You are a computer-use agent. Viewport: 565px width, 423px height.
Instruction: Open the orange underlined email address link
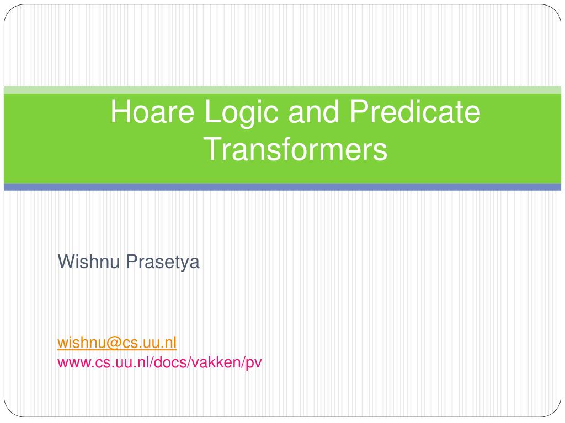[x=117, y=343]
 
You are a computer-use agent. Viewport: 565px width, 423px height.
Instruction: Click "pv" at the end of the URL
[x=254, y=364]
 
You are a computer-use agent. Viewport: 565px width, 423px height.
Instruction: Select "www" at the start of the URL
[x=70, y=362]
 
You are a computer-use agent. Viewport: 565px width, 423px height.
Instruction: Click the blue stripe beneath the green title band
[x=282, y=187]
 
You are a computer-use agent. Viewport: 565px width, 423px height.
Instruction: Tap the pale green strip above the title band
[x=282, y=90]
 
